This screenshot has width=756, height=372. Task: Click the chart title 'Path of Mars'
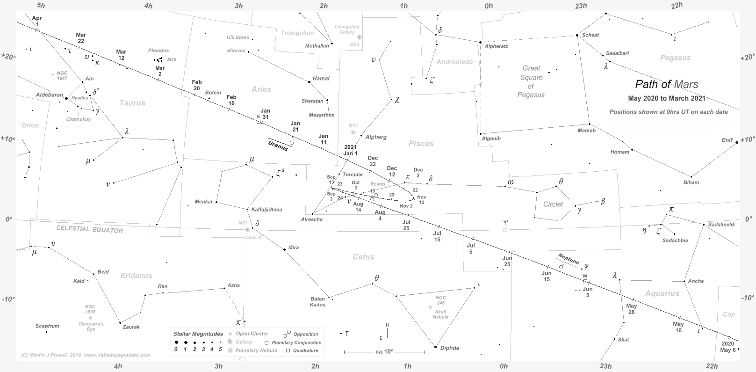pos(666,84)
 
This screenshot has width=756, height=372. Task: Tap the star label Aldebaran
pos(49,95)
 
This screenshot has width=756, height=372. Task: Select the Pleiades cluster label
pos(158,51)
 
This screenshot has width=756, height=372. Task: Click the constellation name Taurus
pos(132,103)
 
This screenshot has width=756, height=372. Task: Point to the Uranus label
pos(278,145)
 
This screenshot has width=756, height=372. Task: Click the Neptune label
pos(569,259)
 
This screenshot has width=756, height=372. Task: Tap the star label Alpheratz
pos(496,46)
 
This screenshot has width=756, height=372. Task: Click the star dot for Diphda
pos(435,347)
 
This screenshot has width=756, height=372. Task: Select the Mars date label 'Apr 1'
pos(37,21)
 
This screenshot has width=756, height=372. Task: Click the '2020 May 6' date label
pos(728,347)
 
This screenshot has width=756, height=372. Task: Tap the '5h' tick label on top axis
pos(41,6)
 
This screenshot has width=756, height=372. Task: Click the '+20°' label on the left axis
pos(8,57)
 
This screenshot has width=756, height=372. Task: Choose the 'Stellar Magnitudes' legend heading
pos(198,334)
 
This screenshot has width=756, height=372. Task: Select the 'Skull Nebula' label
pos(440,314)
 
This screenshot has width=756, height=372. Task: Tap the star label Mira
pos(293,248)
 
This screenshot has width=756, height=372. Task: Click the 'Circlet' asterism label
pos(553,204)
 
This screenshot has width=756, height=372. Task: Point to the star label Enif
pos(727,140)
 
